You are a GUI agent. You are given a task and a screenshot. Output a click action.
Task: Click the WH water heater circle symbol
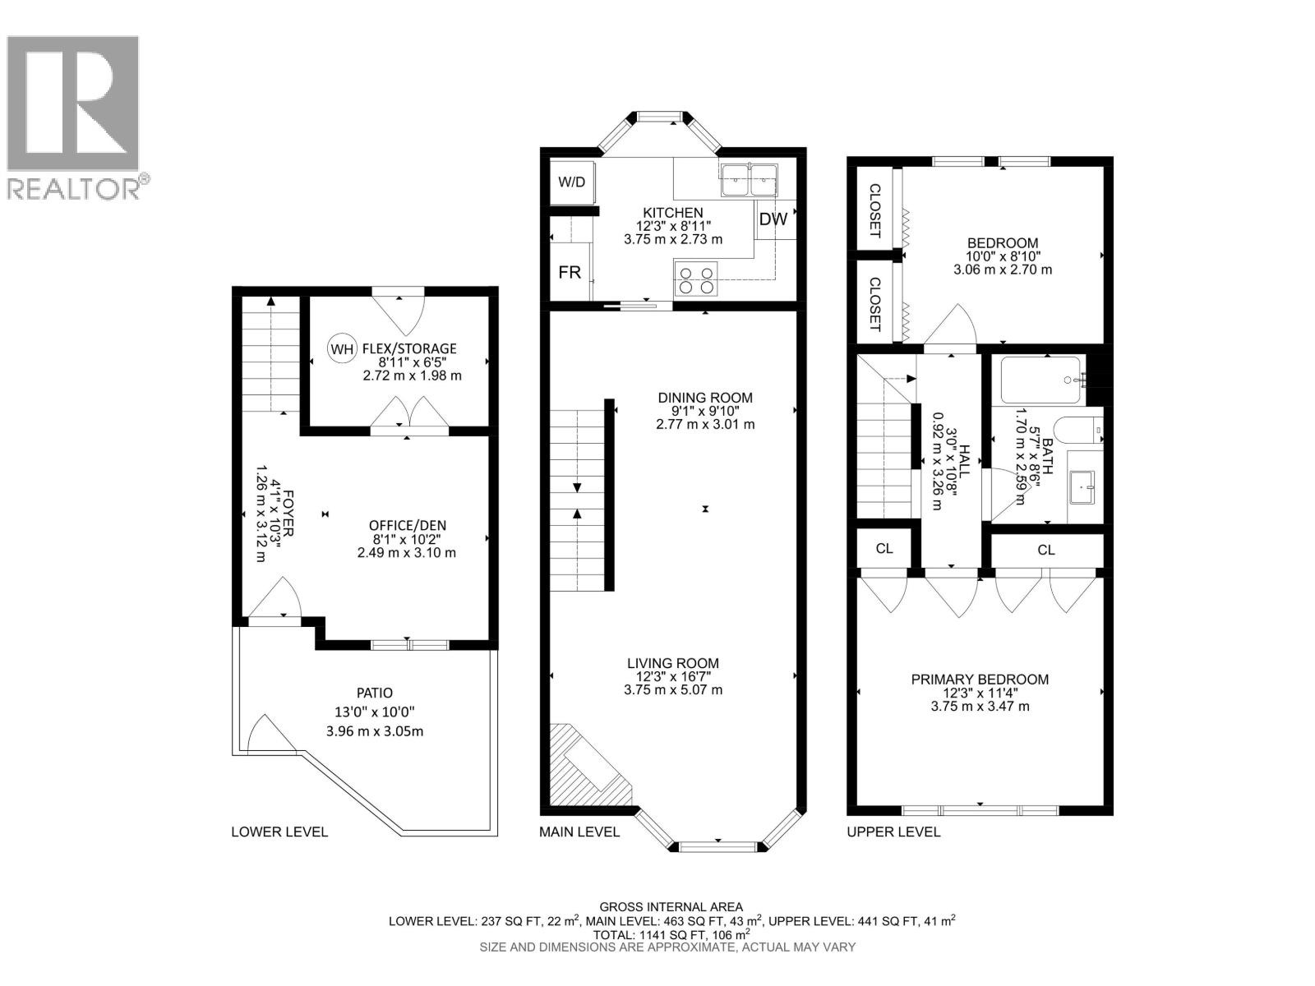coord(341,348)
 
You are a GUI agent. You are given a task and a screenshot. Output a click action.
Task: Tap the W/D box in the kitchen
coord(571,182)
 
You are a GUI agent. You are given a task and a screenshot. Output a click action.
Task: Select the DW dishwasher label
coord(773,219)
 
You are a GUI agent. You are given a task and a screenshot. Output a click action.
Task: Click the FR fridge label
coord(570,272)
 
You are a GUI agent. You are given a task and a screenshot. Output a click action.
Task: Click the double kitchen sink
coord(749,179)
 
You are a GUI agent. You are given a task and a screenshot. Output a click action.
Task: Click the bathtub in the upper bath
coord(1040,379)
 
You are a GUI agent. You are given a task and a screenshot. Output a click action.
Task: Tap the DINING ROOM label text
coord(705,398)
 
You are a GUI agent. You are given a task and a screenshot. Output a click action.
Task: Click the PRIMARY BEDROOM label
coord(980,680)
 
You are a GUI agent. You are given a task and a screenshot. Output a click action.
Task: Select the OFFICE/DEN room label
coord(407,526)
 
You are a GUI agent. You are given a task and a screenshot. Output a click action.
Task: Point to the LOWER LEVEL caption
coord(279,832)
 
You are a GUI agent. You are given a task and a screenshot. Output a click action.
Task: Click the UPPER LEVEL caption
coord(893,832)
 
